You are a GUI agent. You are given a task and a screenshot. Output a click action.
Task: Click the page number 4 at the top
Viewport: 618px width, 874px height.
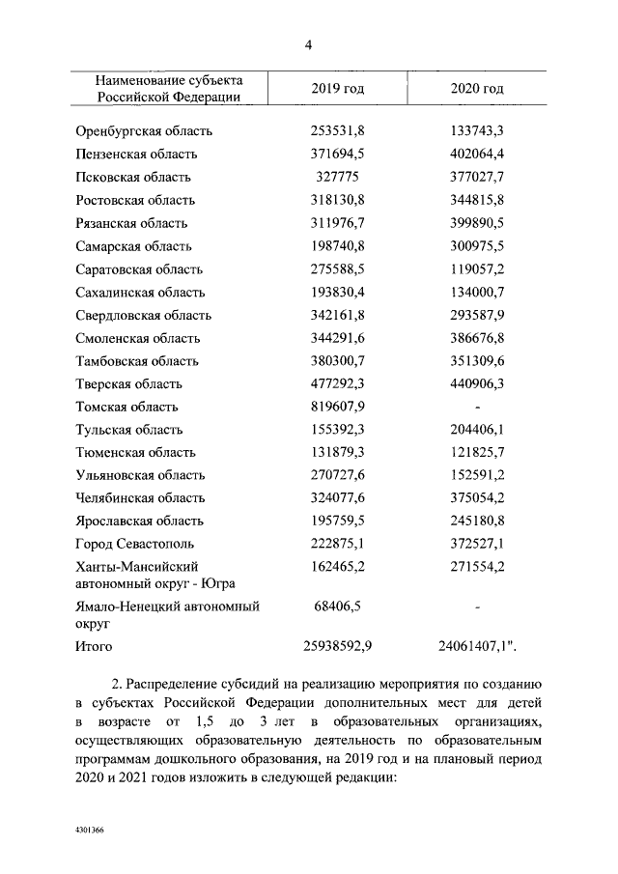click(x=308, y=44)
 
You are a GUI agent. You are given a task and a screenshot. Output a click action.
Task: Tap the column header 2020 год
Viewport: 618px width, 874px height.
click(x=477, y=89)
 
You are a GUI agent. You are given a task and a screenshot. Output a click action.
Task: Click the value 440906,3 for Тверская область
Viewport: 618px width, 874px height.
click(x=477, y=384)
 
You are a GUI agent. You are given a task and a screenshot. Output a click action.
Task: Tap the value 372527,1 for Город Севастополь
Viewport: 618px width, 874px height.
click(x=477, y=545)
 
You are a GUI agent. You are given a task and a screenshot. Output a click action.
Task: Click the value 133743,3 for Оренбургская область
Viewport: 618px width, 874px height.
click(x=477, y=131)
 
